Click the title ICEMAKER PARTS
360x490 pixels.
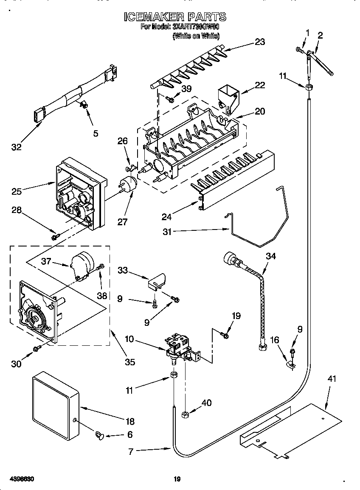(x=175, y=17)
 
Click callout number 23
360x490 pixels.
(x=259, y=42)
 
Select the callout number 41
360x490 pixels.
(x=331, y=379)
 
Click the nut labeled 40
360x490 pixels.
(x=185, y=413)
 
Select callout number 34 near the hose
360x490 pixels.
(x=270, y=256)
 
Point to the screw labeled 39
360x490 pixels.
(x=171, y=99)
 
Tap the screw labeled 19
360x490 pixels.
(x=225, y=336)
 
